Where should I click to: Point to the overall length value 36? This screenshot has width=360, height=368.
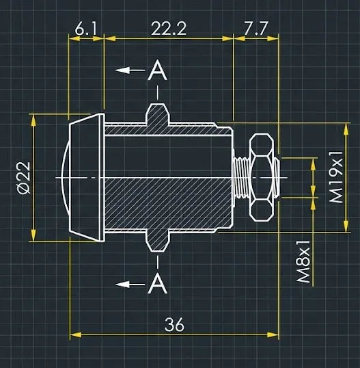pos(175,325)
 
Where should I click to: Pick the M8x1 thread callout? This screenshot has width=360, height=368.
pos(303,262)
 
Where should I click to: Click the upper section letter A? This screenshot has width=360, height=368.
pos(158,70)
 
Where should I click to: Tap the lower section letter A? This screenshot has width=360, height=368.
pos(158,283)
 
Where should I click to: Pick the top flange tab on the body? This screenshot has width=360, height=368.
pos(158,113)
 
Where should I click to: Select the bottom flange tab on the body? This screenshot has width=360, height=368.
pos(158,241)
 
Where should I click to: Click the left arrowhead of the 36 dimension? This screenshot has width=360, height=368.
pos(76,335)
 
